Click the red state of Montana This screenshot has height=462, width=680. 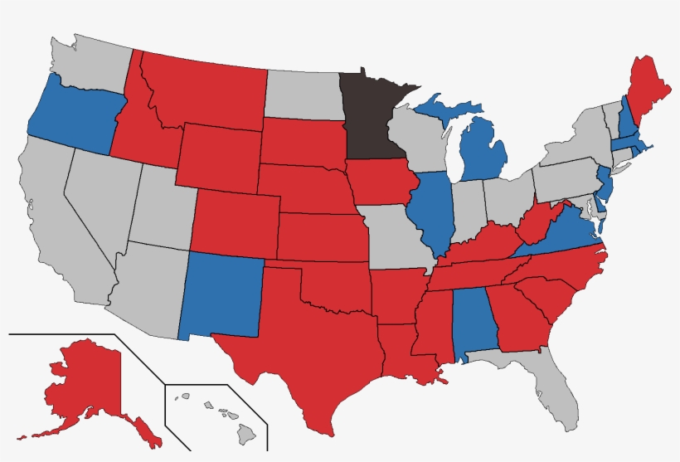point(207,91)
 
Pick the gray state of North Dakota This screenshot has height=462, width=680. point(303,95)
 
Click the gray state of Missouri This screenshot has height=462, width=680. point(394,236)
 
